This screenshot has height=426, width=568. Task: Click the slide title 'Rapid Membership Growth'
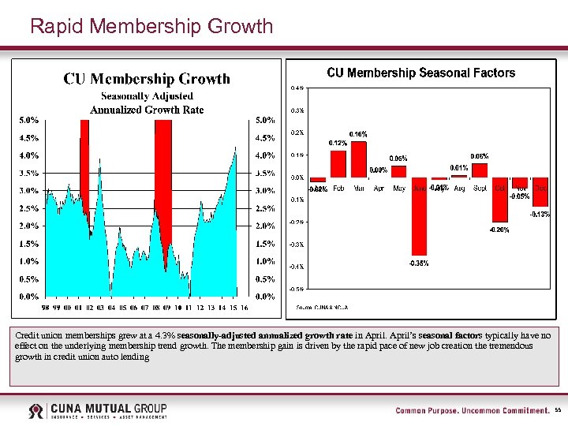click(x=151, y=26)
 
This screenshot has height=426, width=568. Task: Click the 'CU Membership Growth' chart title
click(x=147, y=78)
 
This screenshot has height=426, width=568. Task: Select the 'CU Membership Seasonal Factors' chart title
click(x=420, y=73)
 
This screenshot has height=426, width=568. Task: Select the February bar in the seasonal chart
click(x=338, y=164)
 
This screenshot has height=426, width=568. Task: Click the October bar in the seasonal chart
click(x=499, y=200)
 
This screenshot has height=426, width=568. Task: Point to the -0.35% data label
click(x=419, y=263)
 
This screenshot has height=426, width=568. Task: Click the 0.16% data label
click(x=358, y=135)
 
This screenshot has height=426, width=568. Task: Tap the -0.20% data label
click(x=499, y=230)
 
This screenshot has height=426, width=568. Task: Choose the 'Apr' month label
click(x=379, y=189)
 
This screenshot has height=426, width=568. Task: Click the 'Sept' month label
click(x=479, y=189)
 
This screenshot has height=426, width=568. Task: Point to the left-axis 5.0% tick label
click(x=29, y=121)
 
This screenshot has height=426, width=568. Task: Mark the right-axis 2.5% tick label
click(x=265, y=209)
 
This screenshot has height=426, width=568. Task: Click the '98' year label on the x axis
click(x=47, y=308)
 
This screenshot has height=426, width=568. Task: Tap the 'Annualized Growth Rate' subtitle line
click(x=147, y=110)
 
